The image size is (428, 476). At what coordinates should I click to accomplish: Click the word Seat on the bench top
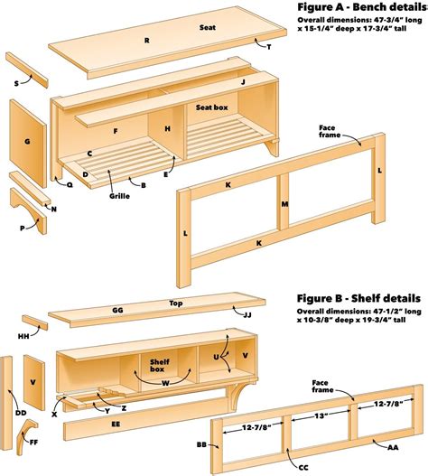(x=208, y=27)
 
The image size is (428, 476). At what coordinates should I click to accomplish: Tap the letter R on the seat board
(x=147, y=41)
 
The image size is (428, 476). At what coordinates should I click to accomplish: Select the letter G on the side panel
(x=27, y=142)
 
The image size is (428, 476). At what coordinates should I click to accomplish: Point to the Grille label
(x=119, y=196)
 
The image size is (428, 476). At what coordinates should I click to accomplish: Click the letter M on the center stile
(x=284, y=204)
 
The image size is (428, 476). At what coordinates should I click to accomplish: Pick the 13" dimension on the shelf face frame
(x=320, y=415)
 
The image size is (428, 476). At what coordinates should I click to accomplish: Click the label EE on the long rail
(x=116, y=425)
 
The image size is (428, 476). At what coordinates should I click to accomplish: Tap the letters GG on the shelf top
(x=117, y=310)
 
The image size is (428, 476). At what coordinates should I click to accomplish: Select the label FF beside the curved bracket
(x=34, y=443)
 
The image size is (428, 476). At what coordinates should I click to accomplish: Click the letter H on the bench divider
(x=168, y=129)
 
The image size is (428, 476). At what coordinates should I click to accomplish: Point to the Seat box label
(x=211, y=107)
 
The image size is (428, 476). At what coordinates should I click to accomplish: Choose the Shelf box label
(x=157, y=366)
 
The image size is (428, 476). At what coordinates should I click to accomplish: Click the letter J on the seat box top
(x=243, y=82)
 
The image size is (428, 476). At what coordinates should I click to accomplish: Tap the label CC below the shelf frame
(x=302, y=468)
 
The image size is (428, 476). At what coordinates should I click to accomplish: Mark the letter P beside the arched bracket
(x=23, y=228)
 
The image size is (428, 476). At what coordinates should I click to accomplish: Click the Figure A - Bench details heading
(x=362, y=7)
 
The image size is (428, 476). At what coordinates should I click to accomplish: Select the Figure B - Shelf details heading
(x=358, y=298)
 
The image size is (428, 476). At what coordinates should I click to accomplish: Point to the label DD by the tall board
(x=21, y=413)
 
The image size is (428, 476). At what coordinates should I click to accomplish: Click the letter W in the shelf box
(x=165, y=383)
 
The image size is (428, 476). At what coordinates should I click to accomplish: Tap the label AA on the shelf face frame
(x=393, y=447)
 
